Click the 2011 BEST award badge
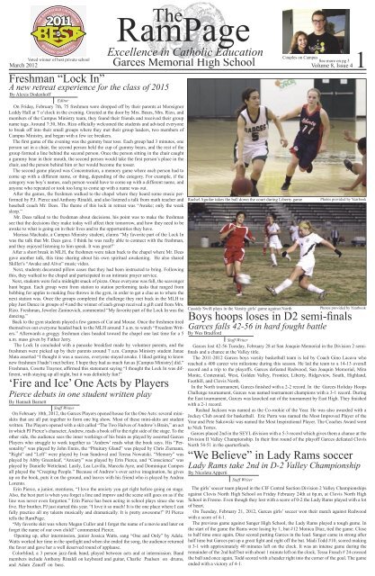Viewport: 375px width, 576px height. point(40,24)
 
